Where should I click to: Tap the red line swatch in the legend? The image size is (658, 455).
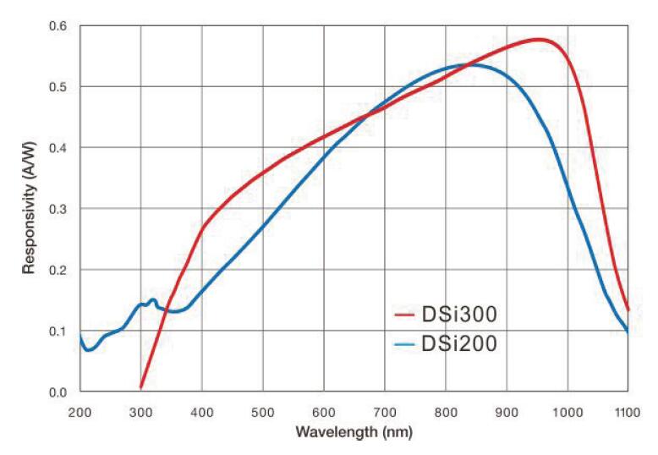click(403, 316)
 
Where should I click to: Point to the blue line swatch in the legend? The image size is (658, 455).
click(403, 343)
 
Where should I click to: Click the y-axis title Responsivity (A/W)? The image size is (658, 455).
click(29, 208)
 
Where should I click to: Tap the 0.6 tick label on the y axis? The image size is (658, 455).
click(57, 26)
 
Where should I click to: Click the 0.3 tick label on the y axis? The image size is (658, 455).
click(57, 209)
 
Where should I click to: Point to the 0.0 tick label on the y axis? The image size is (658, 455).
click(57, 392)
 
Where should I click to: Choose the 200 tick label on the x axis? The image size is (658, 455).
click(80, 411)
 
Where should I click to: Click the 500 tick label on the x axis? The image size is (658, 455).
click(262, 411)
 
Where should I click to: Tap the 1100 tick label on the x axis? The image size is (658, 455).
click(627, 411)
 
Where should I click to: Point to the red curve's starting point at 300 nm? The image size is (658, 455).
click(141, 387)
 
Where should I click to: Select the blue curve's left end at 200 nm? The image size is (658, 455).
click(80, 336)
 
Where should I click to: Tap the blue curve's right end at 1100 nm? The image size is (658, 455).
click(628, 332)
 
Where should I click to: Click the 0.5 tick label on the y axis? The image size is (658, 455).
click(57, 87)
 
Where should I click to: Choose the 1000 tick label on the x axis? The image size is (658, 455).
click(567, 411)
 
